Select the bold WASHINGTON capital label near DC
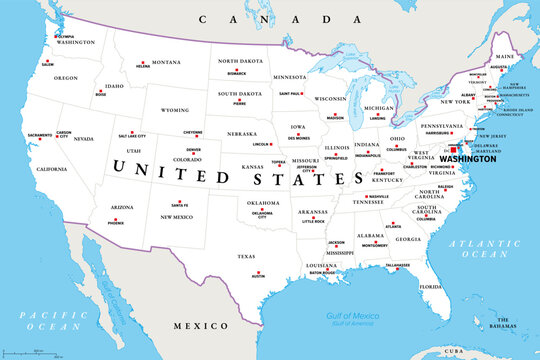coord(468,159)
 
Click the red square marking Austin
coord(258,274)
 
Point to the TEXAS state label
coord(246,256)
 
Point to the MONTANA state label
coord(166,62)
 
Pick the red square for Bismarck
coord(238,68)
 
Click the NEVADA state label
coord(83,139)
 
